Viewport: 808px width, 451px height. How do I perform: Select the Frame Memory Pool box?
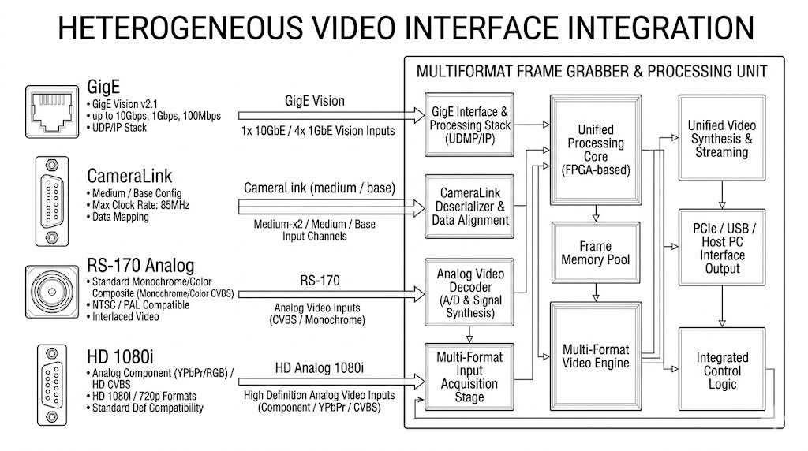coord(597,252)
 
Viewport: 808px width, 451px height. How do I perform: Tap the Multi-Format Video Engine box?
coord(597,355)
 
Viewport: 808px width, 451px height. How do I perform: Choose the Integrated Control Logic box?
coord(721,370)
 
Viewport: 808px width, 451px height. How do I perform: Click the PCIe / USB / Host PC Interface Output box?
coord(721,248)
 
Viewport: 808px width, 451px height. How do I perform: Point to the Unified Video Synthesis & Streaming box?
coord(721,138)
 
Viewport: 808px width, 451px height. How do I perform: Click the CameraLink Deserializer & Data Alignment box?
coord(469,207)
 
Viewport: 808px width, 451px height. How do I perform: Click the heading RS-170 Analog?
coord(140,265)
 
